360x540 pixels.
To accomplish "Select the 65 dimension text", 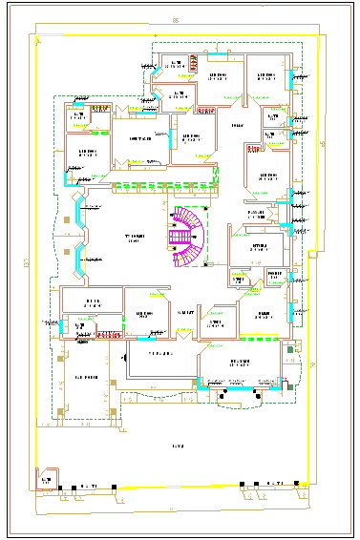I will (323, 143).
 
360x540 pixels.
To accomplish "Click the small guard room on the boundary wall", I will (45, 478).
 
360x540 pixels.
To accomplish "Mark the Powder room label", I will (275, 276).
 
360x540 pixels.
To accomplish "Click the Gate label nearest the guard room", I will (87, 488).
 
